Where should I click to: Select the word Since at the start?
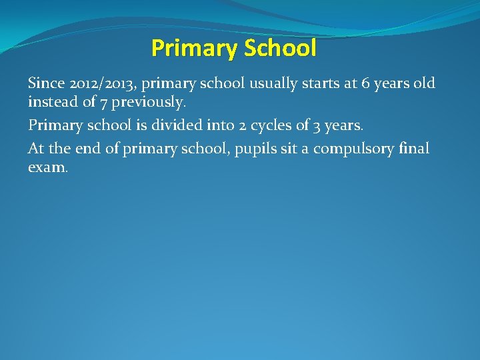(x=46, y=84)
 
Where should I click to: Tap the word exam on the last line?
(x=47, y=168)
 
